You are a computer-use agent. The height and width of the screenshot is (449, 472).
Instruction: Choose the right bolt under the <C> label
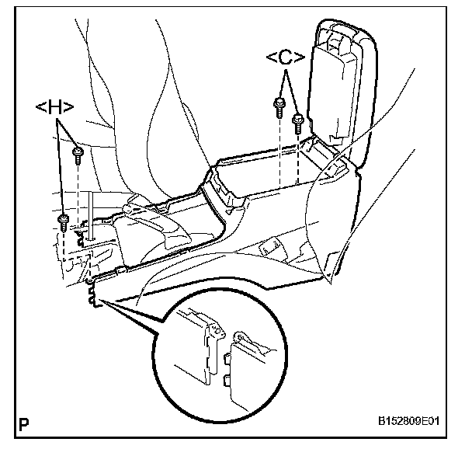coord(297,120)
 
